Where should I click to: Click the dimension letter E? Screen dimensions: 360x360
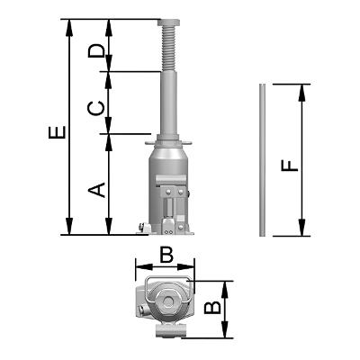(x=57, y=132)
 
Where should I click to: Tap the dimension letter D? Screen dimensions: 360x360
(x=96, y=50)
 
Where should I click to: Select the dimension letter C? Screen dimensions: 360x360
(x=96, y=108)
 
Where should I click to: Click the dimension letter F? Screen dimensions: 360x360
(x=290, y=166)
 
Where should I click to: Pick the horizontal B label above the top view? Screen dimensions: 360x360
(x=166, y=255)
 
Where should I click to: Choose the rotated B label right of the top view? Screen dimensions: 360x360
(x=212, y=308)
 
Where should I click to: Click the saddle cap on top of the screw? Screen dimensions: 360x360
(x=169, y=22)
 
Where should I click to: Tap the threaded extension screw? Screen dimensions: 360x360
(x=169, y=49)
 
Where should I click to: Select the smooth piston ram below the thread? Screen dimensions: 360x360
(x=169, y=103)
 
